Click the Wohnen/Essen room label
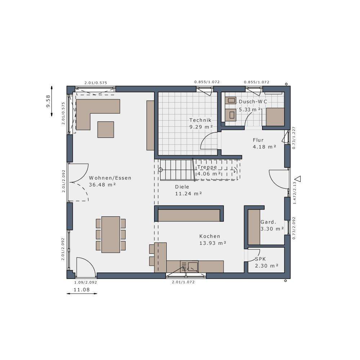110,178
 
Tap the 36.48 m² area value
103,185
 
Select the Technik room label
200,120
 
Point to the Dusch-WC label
253,102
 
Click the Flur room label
258,140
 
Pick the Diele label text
182,187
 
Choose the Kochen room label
210,236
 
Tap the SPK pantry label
260,259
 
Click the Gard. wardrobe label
268,222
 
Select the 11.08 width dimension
81,289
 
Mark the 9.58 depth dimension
48,101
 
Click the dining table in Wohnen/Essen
111,234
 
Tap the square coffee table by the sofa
105,129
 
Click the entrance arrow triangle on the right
298,179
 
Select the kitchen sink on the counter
193,266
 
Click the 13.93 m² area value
212,243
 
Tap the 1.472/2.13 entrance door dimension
294,193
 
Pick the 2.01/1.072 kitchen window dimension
183,282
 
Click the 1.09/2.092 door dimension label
85,282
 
